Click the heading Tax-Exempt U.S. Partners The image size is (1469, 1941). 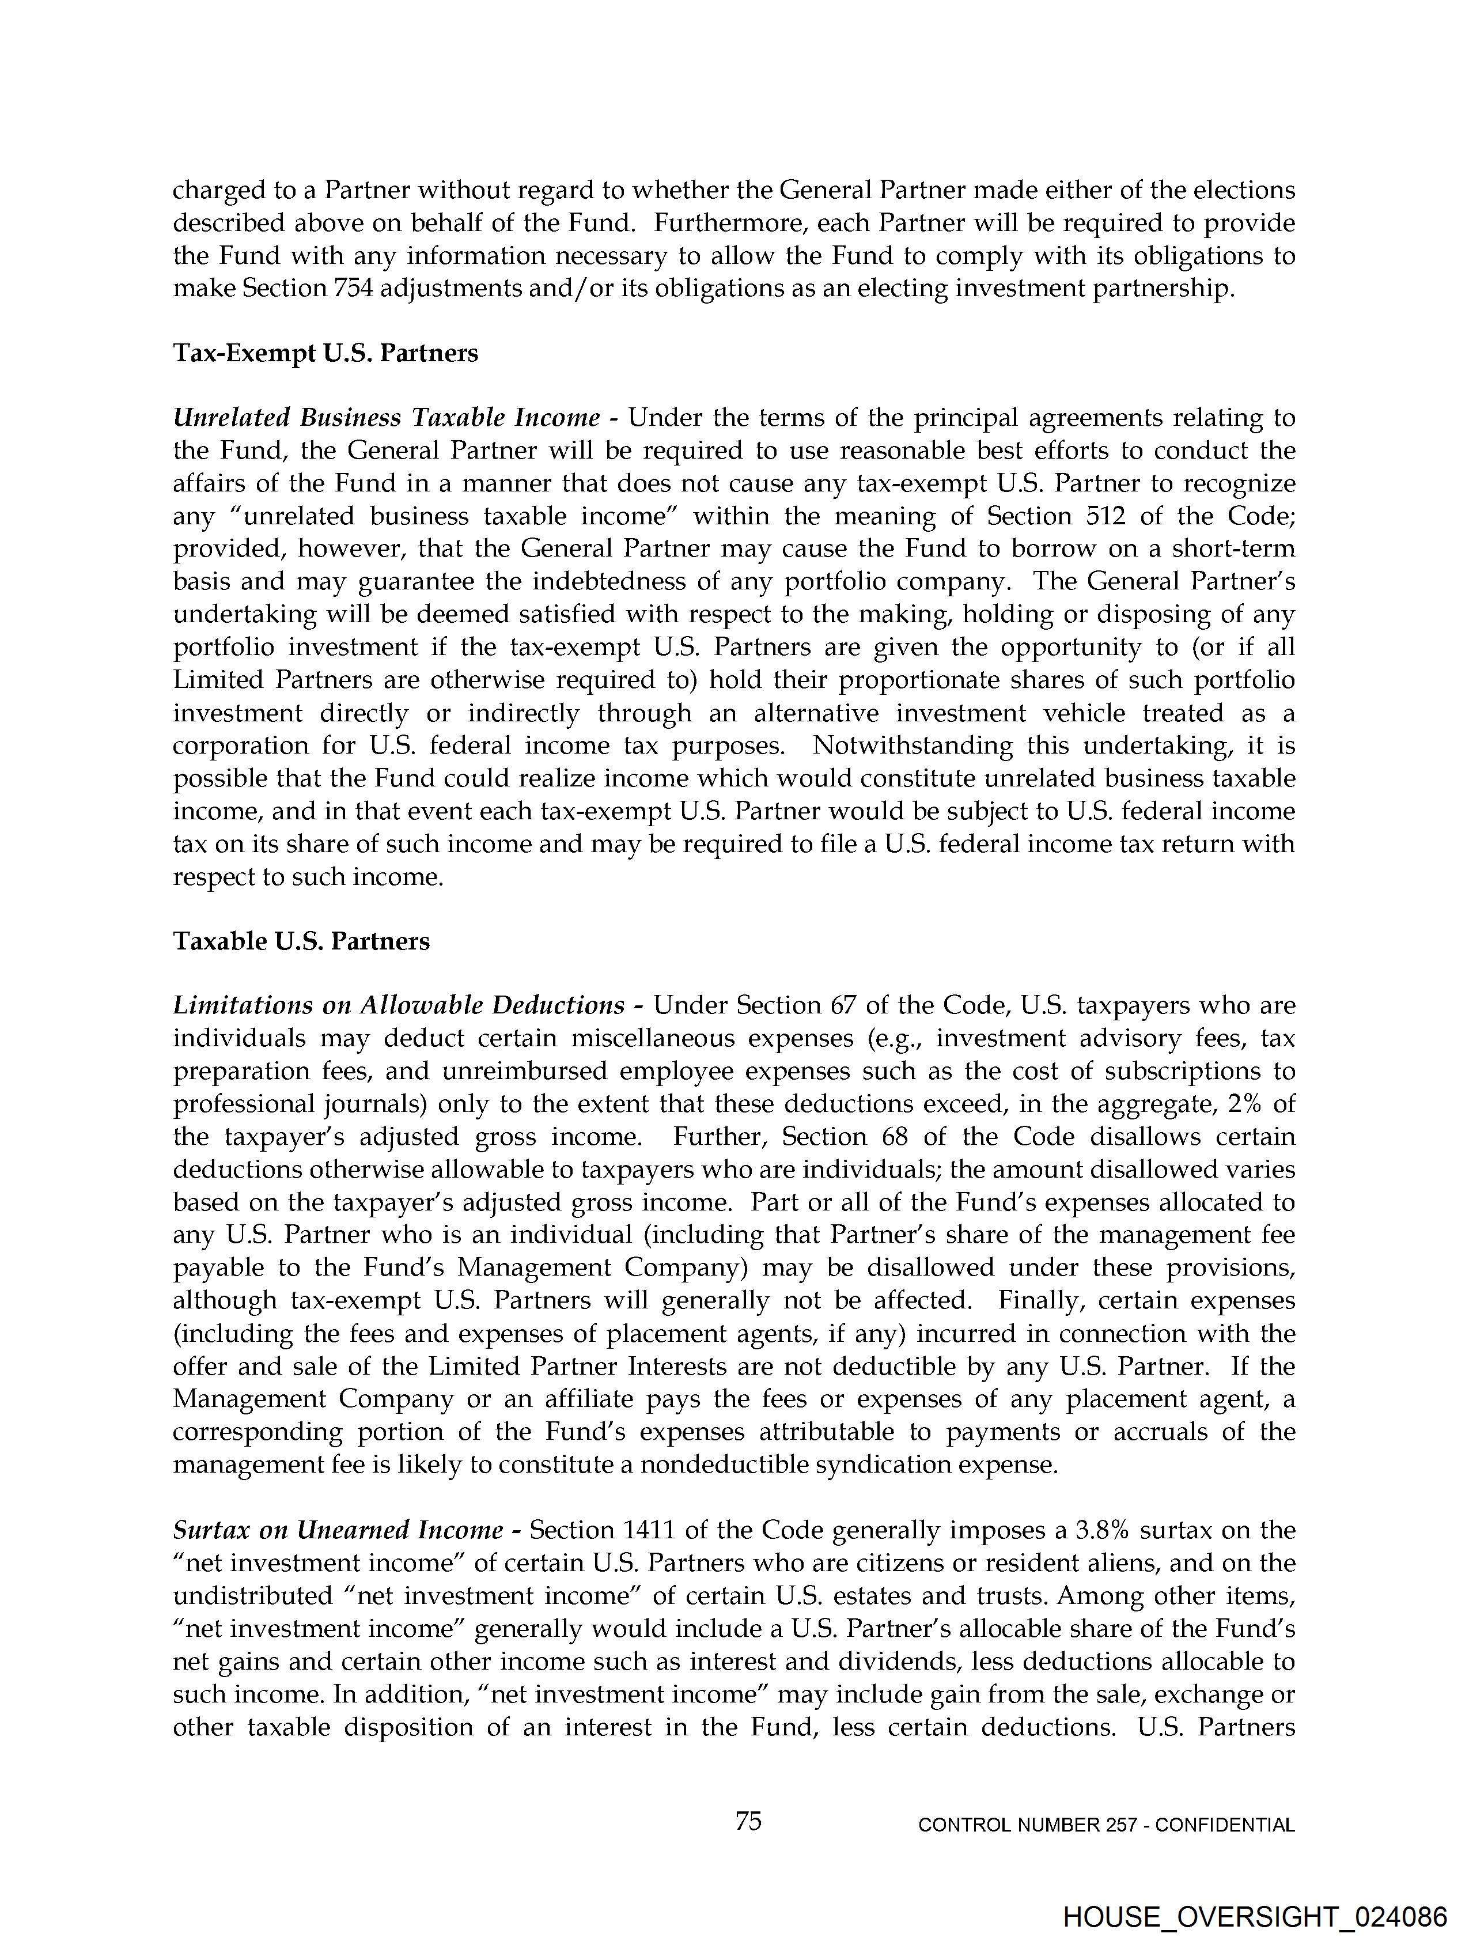(x=325, y=354)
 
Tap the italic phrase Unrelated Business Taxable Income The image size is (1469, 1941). (x=386, y=418)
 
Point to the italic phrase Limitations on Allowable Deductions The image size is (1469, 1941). (x=399, y=1005)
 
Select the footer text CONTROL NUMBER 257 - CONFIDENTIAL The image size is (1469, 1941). (x=1105, y=1825)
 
